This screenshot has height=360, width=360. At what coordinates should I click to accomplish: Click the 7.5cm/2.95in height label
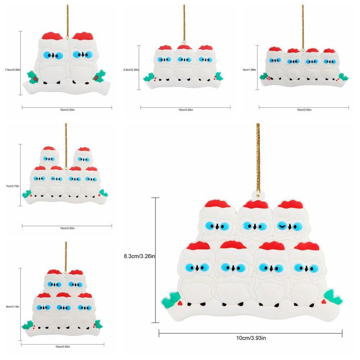point(13,69)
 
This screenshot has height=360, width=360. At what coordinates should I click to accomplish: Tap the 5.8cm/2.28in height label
point(131,69)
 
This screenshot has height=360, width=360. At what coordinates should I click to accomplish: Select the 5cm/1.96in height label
point(249,69)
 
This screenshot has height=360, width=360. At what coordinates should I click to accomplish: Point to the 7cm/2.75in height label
point(13,186)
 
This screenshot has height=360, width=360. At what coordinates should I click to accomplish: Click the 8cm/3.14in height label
point(13,306)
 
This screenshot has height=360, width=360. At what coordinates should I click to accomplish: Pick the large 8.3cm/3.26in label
point(139,256)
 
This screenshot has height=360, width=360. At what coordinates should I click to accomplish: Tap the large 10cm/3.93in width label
point(251,338)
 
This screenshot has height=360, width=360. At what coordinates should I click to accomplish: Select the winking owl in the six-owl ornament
point(57,180)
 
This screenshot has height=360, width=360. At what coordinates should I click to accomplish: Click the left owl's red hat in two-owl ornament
point(52,36)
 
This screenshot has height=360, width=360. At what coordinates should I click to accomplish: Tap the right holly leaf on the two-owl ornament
point(99,76)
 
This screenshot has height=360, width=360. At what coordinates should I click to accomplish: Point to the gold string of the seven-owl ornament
point(258,158)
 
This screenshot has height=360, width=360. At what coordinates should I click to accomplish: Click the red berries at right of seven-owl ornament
point(324,302)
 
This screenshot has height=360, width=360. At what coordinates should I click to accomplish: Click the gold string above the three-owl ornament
point(184,23)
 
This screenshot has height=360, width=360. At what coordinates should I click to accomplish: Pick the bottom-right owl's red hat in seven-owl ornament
point(306,246)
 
